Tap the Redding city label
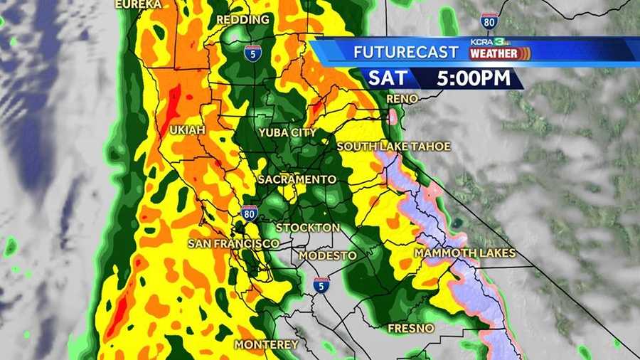[x=242, y=20]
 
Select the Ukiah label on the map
[x=187, y=130]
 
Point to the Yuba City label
[x=288, y=133]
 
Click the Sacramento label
[x=297, y=179]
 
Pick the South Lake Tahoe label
[x=394, y=147]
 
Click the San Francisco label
[x=233, y=244]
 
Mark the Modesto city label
[x=328, y=255]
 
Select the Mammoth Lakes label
[x=465, y=253]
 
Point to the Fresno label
[x=410, y=329]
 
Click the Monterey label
[x=267, y=344]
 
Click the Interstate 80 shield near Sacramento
[x=249, y=213]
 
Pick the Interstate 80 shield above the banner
[x=489, y=20]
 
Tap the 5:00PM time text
[x=475, y=78]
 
